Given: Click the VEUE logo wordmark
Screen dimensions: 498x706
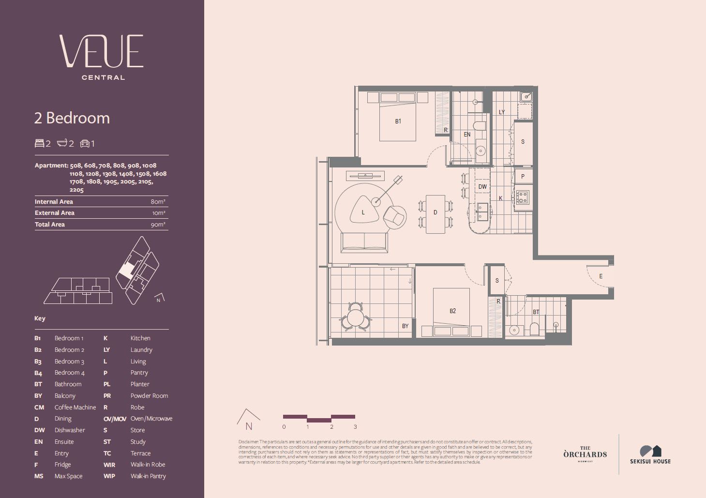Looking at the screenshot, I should click(x=102, y=51).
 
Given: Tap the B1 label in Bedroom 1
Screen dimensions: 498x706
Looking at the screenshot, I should click(x=398, y=121).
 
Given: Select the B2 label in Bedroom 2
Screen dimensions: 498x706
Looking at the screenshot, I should click(x=452, y=311).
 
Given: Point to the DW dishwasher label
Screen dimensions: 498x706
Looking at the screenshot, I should click(x=482, y=187).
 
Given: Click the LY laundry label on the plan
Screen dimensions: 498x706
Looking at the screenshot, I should click(x=502, y=112).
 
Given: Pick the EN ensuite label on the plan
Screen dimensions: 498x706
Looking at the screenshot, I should click(x=467, y=135).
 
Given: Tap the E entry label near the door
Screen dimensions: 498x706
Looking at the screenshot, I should click(x=601, y=276).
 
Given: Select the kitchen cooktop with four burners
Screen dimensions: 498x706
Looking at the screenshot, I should click(x=522, y=197).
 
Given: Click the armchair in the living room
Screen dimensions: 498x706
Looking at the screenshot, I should click(x=395, y=216).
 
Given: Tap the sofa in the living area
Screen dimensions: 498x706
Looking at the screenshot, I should click(x=364, y=242).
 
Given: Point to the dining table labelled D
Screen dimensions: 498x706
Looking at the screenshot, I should click(x=436, y=213).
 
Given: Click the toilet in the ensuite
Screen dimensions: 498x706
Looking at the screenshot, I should click(x=479, y=126).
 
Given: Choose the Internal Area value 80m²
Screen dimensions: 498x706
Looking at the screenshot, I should click(x=158, y=202).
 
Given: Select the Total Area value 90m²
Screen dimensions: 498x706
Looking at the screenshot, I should click(x=158, y=225).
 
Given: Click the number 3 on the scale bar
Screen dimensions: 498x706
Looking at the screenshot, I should click(x=355, y=427).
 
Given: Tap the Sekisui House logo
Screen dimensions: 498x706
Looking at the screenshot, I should click(x=650, y=454).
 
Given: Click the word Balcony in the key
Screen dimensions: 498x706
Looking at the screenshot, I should click(x=65, y=396).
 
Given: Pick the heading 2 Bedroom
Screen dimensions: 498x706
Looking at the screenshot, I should click(x=72, y=118).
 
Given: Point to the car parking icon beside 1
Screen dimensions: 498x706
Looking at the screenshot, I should click(x=85, y=144).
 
